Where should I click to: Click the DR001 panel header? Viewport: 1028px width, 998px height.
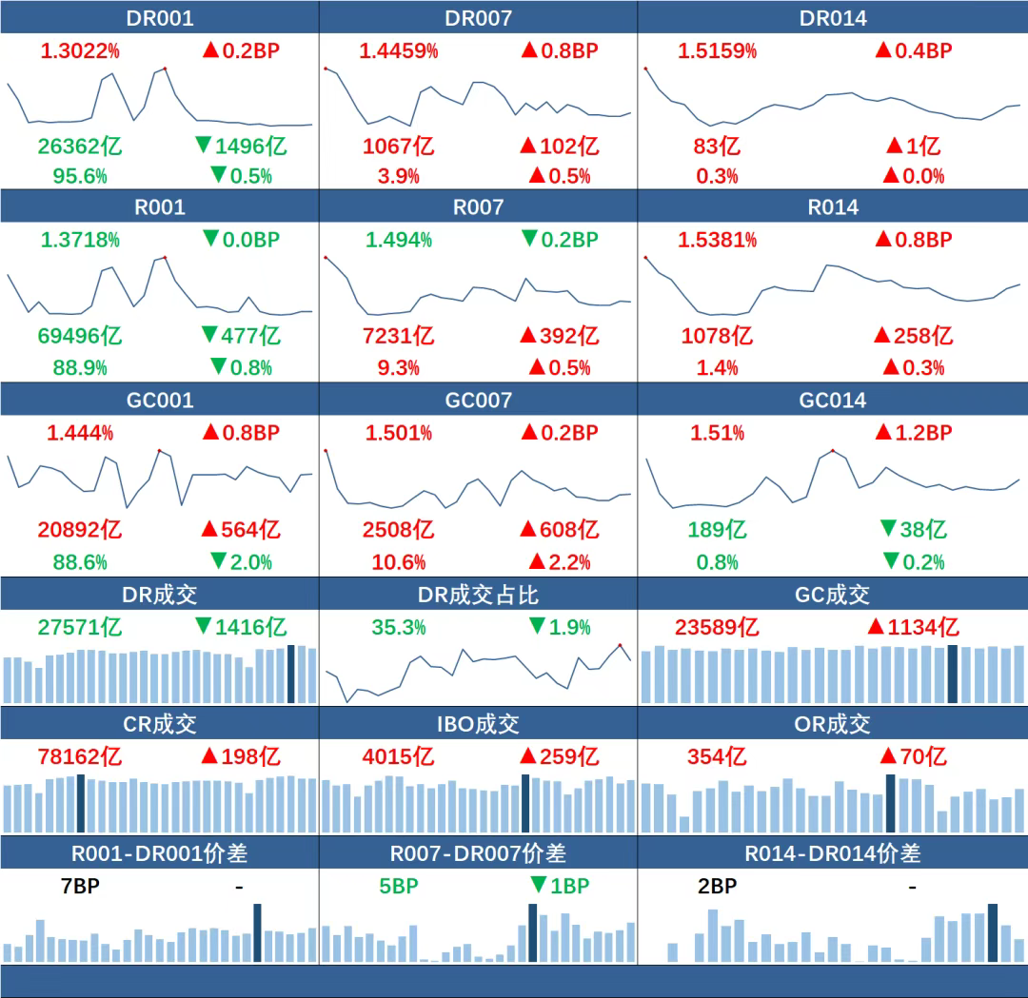pos(159,17)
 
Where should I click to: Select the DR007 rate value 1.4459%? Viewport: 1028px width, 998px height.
pos(398,50)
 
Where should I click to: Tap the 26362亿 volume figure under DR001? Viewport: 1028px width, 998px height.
pos(80,147)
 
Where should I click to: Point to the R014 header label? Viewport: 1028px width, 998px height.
pos(832,207)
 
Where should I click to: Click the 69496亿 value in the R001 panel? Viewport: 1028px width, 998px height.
pos(80,336)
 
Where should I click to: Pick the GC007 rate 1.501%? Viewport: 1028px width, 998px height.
pos(398,433)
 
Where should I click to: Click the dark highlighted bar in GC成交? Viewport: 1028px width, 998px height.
pos(952,675)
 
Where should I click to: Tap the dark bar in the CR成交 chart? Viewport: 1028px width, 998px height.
pos(81,804)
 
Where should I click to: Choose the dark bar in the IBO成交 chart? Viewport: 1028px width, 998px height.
pos(525,804)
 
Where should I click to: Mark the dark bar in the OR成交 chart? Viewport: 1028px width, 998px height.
pos(891,804)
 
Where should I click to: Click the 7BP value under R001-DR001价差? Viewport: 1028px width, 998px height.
pos(80,887)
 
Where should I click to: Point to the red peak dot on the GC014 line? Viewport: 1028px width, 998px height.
pos(833,450)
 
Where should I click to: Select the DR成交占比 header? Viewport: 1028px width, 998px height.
pos(478,596)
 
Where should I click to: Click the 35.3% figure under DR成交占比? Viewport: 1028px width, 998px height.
pos(398,627)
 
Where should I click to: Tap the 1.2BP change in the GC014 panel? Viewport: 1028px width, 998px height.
pos(914,433)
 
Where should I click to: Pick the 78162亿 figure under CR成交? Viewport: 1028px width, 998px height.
pos(80,757)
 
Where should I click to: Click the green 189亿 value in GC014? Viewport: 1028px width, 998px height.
pos(717,530)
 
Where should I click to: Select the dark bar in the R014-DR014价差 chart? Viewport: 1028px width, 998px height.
pos(993,932)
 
